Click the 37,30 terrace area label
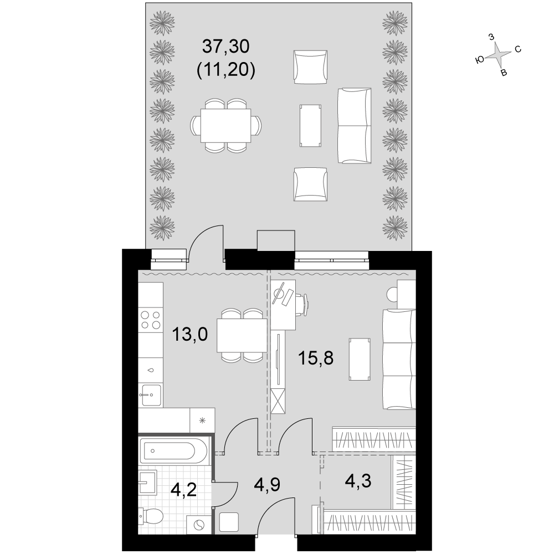[x=225, y=47]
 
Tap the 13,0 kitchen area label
[x=189, y=334]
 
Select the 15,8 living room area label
[x=316, y=358]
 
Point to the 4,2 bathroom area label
[x=183, y=490]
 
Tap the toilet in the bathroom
[x=151, y=517]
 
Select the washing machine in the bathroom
[x=199, y=524]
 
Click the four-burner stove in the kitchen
[x=151, y=320]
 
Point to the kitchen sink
[x=151, y=395]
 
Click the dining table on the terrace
[x=226, y=125]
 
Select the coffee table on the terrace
[x=311, y=125]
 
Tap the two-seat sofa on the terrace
[x=355, y=125]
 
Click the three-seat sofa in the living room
[x=399, y=359]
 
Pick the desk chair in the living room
[x=302, y=304]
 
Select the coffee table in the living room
[x=360, y=359]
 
